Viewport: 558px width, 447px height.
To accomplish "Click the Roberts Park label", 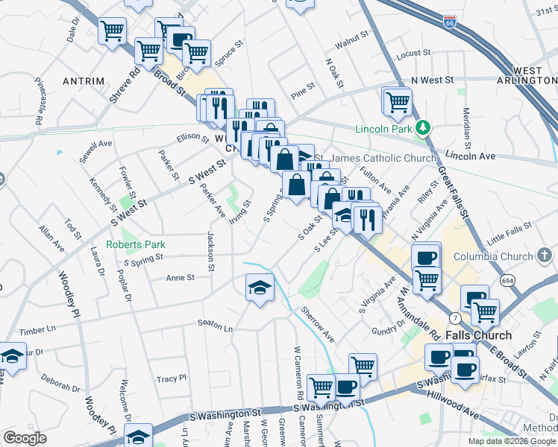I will click(135, 244).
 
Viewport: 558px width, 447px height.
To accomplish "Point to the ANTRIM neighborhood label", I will click(83, 80).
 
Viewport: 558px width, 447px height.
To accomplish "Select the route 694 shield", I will click(508, 280).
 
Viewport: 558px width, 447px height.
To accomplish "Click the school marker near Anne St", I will click(260, 288).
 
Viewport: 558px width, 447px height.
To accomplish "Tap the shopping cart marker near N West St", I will click(397, 101).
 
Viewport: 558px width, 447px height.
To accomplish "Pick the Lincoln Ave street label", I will click(471, 156).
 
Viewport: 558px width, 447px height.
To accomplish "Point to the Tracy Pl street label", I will click(172, 378).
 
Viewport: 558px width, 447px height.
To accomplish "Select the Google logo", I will click(25, 438).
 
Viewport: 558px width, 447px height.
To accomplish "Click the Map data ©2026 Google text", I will click(511, 440).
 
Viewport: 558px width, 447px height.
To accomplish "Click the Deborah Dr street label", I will click(60, 387).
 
